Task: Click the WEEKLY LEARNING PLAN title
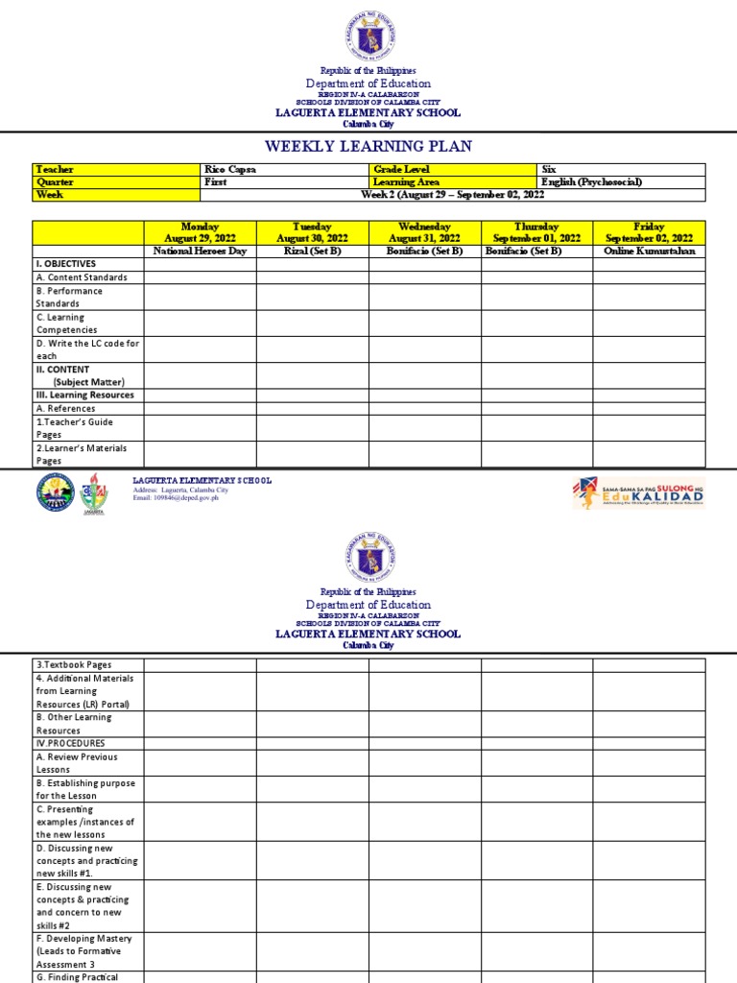368,146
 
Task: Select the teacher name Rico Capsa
230,170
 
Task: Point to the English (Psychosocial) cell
591,182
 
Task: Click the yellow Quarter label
55,182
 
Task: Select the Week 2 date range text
452,195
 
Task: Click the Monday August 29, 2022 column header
200,232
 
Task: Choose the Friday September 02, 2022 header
649,232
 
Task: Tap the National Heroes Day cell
200,252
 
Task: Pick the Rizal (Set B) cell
312,252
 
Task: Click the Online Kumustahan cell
649,252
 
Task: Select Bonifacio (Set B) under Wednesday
424,252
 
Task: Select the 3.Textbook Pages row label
73,665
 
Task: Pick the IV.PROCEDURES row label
70,744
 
